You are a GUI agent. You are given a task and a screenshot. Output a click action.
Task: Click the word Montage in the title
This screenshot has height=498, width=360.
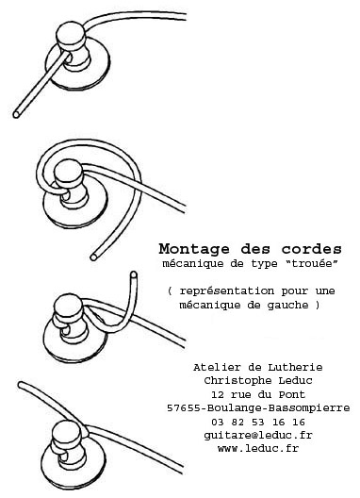(194, 249)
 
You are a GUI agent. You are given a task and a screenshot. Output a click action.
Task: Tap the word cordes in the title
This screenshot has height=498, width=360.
(311, 249)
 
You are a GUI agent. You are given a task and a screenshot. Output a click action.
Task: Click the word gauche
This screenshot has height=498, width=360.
(287, 306)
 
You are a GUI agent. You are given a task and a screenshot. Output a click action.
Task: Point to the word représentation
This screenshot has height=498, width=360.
(227, 291)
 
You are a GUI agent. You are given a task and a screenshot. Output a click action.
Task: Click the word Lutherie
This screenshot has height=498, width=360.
(295, 368)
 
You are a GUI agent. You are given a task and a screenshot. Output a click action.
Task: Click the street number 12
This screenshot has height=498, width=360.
(218, 395)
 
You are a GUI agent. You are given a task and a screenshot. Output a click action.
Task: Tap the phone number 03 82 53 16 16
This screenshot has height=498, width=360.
(258, 423)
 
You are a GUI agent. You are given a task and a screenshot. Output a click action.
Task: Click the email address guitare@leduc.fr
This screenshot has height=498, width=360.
(258, 436)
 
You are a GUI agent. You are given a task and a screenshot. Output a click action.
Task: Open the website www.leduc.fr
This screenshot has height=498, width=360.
(258, 448)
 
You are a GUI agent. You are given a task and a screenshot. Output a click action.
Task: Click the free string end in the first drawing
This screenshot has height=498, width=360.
(16, 114)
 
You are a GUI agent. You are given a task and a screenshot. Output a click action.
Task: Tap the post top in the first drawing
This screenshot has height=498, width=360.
(71, 32)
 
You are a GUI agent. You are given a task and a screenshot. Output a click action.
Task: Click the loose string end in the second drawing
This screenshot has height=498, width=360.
(93, 257)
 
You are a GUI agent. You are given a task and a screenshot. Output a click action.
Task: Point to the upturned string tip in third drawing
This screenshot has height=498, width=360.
(134, 274)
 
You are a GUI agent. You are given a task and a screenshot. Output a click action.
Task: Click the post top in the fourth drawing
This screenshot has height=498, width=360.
(66, 430)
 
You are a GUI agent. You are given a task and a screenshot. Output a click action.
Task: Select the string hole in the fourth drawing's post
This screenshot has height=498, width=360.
(63, 457)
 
